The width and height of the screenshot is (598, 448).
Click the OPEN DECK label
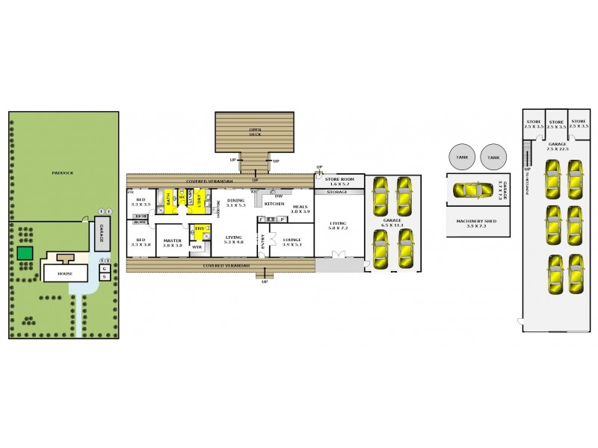tap(255, 131)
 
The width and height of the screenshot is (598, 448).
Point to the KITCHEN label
tap(274, 203)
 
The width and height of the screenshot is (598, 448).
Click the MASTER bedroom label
tap(173, 241)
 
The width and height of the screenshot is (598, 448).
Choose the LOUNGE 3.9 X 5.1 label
tap(292, 241)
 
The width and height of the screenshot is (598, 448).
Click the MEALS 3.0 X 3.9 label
tap(300, 209)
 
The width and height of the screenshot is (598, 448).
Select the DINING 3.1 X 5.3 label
tap(235, 202)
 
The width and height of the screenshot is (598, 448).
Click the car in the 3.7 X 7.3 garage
tap(472, 190)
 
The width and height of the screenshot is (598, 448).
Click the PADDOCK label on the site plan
tap(62, 172)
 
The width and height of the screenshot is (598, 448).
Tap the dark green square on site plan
tap(25, 253)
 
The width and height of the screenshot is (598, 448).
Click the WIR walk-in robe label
tap(197, 246)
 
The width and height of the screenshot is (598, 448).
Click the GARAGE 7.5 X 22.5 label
tap(558, 146)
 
